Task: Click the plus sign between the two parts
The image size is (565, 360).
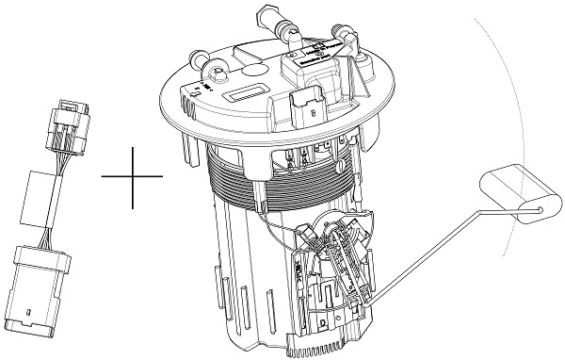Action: (x=132, y=176)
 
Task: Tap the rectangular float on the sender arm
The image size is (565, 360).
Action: (x=513, y=193)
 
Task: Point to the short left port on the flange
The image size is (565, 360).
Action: (x=199, y=60)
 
